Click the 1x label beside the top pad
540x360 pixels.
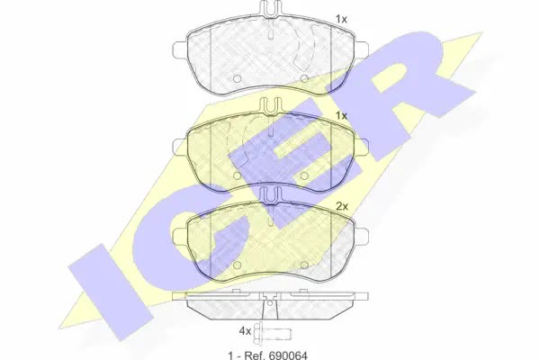[x=341, y=19]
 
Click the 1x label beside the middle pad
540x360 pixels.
[x=341, y=116]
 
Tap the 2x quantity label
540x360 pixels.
[x=342, y=206]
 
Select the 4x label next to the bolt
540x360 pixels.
[x=245, y=331]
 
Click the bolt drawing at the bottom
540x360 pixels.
[x=273, y=333]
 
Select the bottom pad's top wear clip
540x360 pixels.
[x=270, y=195]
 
